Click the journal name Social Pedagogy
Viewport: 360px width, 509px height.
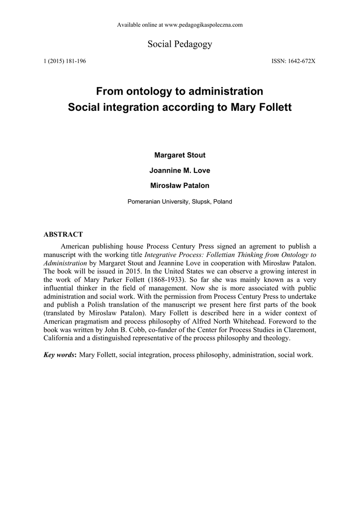(180, 44)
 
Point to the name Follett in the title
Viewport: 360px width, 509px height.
(273, 107)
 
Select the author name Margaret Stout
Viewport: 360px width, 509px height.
(180, 155)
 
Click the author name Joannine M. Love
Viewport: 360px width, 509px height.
(180, 170)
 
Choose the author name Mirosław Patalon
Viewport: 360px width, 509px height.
(180, 186)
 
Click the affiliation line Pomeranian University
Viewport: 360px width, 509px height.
(180, 202)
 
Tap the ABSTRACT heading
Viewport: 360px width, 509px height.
(63, 234)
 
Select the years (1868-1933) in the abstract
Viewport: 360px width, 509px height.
(145, 279)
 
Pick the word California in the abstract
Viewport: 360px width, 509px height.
(60, 339)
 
